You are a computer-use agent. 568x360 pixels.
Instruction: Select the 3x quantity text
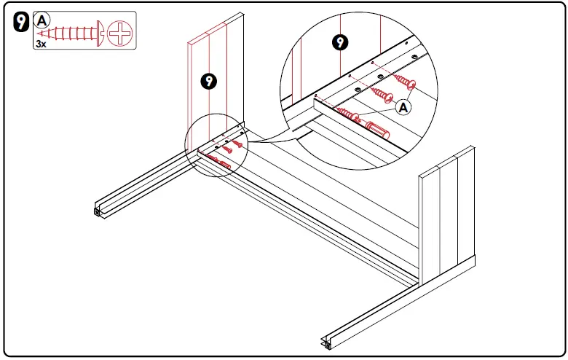(x=42, y=44)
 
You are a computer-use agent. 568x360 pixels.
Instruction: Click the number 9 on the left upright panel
(x=209, y=81)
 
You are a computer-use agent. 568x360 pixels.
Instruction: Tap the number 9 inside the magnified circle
(x=339, y=43)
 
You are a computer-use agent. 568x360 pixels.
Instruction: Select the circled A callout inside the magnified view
(x=404, y=108)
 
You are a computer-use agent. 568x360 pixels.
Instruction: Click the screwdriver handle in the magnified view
(x=377, y=132)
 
